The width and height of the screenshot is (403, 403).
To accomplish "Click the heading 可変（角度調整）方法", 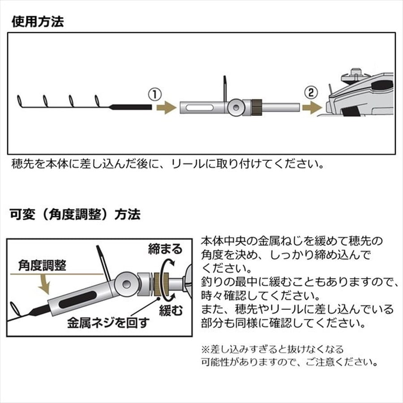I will click(x=75, y=214).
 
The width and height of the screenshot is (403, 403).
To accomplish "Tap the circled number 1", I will click(x=154, y=94).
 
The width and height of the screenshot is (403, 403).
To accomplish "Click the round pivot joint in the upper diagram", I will click(x=236, y=107).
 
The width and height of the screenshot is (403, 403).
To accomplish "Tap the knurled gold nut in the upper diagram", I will click(x=257, y=107).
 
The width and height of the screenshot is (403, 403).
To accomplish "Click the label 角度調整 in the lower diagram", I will click(x=42, y=265).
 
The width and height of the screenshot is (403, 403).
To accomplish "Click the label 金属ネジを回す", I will click(x=107, y=322).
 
